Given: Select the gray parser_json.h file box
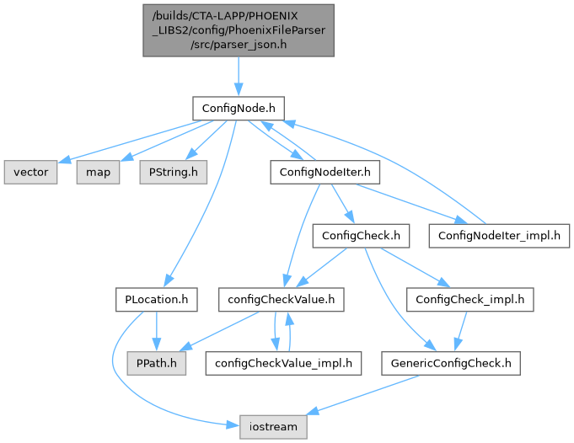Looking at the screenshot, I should (x=238, y=30).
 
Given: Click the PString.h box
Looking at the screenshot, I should (x=174, y=172).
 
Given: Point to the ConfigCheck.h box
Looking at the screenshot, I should (x=360, y=235).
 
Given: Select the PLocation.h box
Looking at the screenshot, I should (x=157, y=299).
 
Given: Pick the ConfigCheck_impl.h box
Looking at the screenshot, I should (x=470, y=299).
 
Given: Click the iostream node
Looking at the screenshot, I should (x=272, y=426).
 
